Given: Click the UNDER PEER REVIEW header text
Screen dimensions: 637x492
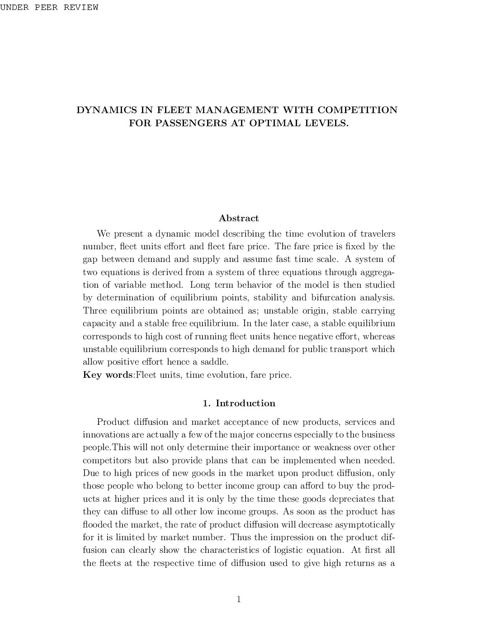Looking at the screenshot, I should (49, 7).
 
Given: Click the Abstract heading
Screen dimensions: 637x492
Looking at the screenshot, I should (239, 218).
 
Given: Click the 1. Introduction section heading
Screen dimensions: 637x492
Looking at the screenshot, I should (239, 403).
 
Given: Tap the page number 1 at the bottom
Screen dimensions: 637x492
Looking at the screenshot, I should (239, 599).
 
